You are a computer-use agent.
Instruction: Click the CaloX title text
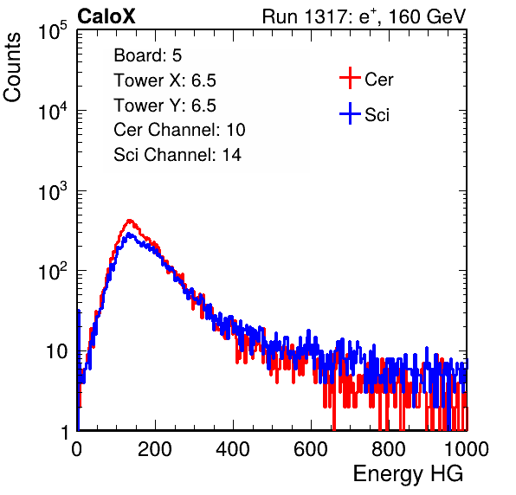click(106, 16)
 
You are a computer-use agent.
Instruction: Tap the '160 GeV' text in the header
click(428, 16)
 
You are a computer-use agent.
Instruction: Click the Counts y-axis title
click(12, 67)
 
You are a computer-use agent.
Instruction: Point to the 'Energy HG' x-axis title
click(408, 474)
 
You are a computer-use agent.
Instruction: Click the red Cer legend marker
click(350, 78)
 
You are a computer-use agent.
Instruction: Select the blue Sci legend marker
click(350, 113)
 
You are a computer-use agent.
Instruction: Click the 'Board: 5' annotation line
click(148, 55)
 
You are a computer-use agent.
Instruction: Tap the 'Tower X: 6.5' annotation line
click(164, 80)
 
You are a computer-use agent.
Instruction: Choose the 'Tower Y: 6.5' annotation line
click(164, 106)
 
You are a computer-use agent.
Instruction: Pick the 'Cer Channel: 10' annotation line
click(179, 130)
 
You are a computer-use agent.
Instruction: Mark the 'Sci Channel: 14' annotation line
click(177, 155)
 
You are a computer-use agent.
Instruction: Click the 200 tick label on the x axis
click(155, 449)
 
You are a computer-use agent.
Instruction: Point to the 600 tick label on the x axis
click(311, 449)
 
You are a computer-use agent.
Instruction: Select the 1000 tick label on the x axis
click(467, 449)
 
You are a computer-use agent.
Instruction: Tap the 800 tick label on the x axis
click(389, 449)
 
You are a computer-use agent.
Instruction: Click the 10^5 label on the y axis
click(53, 30)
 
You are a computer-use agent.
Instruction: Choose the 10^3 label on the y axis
click(53, 190)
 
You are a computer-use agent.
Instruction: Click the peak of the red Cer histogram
click(130, 221)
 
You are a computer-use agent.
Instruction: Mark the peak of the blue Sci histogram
click(129, 235)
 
